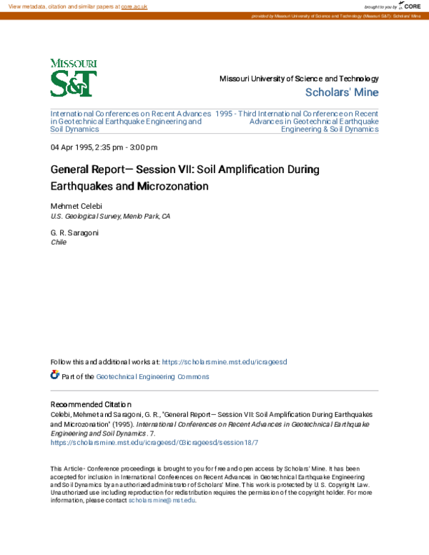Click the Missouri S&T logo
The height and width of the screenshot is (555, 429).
(x=74, y=78)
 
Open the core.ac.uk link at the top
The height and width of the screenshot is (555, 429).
(x=134, y=6)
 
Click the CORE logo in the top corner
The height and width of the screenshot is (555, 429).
(x=408, y=6)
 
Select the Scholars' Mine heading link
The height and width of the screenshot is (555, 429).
(x=342, y=92)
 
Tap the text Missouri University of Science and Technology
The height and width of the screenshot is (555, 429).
(x=299, y=79)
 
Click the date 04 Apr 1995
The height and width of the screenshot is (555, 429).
(x=71, y=147)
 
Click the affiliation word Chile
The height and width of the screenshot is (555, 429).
(x=59, y=242)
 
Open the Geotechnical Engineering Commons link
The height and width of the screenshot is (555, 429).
(x=153, y=376)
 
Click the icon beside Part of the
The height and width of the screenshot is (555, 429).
(x=55, y=375)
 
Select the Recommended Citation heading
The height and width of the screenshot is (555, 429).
(x=91, y=404)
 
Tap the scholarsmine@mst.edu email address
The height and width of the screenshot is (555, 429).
(x=162, y=500)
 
